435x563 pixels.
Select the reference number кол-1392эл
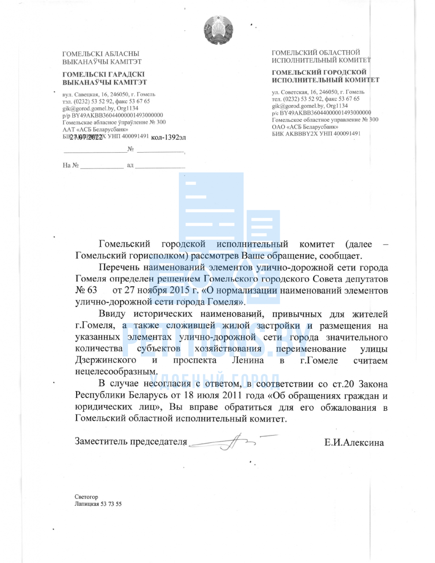pyautogui.click(x=168, y=138)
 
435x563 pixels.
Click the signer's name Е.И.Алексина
pyautogui.click(x=354, y=442)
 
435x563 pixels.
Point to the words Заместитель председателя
pyautogui.click(x=131, y=442)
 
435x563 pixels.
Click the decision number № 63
pyautogui.click(x=86, y=290)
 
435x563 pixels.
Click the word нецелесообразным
pyautogui.click(x=116, y=372)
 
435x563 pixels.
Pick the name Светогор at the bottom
pyautogui.click(x=87, y=497)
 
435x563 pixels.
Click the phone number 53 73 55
pyautogui.click(x=112, y=504)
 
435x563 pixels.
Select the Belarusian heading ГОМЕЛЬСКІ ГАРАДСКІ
pyautogui.click(x=103, y=74)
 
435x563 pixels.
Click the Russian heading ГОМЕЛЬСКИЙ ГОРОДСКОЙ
pyautogui.click(x=319, y=72)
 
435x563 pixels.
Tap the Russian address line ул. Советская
pyautogui.click(x=318, y=92)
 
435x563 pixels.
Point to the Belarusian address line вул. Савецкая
pyautogui.click(x=109, y=94)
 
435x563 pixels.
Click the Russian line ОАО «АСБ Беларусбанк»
pyautogui.click(x=305, y=126)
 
